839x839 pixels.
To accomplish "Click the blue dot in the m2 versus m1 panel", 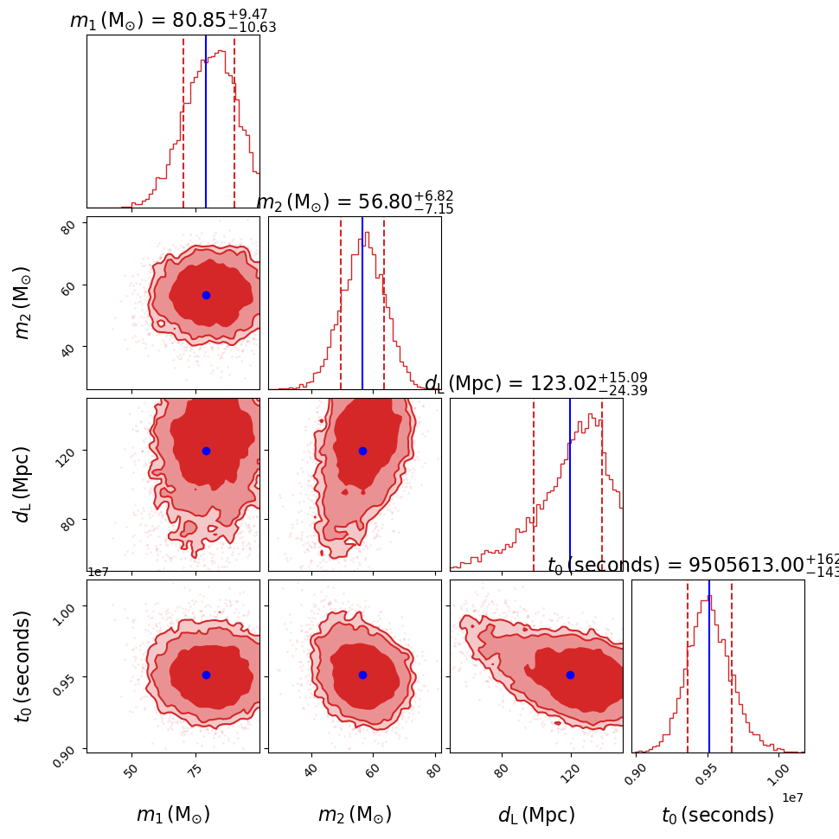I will [206, 295].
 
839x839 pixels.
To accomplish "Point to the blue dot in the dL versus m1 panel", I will [206, 451].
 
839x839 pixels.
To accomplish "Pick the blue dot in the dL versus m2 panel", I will [362, 451].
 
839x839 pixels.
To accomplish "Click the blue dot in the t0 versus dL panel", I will [570, 675].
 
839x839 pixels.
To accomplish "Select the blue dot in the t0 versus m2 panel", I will [362, 675].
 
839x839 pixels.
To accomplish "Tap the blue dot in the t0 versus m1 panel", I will [206, 675].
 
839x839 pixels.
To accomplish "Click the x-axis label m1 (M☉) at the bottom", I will [173, 815].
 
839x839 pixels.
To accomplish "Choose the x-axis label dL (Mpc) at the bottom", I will [536, 815].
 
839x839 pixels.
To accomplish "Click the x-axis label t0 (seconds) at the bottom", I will [718, 815].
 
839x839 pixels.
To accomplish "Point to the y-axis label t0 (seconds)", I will [23, 666].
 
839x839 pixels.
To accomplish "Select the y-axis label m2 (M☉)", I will [23, 302].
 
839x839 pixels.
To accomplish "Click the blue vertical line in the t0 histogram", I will [709, 675].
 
